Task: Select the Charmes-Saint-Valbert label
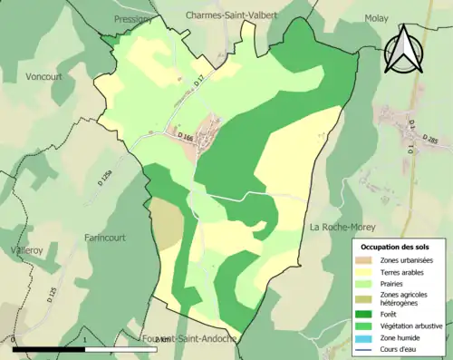pyautogui.click(x=231, y=15)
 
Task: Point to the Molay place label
pyautogui.click(x=376, y=17)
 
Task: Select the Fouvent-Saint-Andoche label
pyautogui.click(x=189, y=338)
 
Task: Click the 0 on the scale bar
pyautogui.click(x=14, y=340)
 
